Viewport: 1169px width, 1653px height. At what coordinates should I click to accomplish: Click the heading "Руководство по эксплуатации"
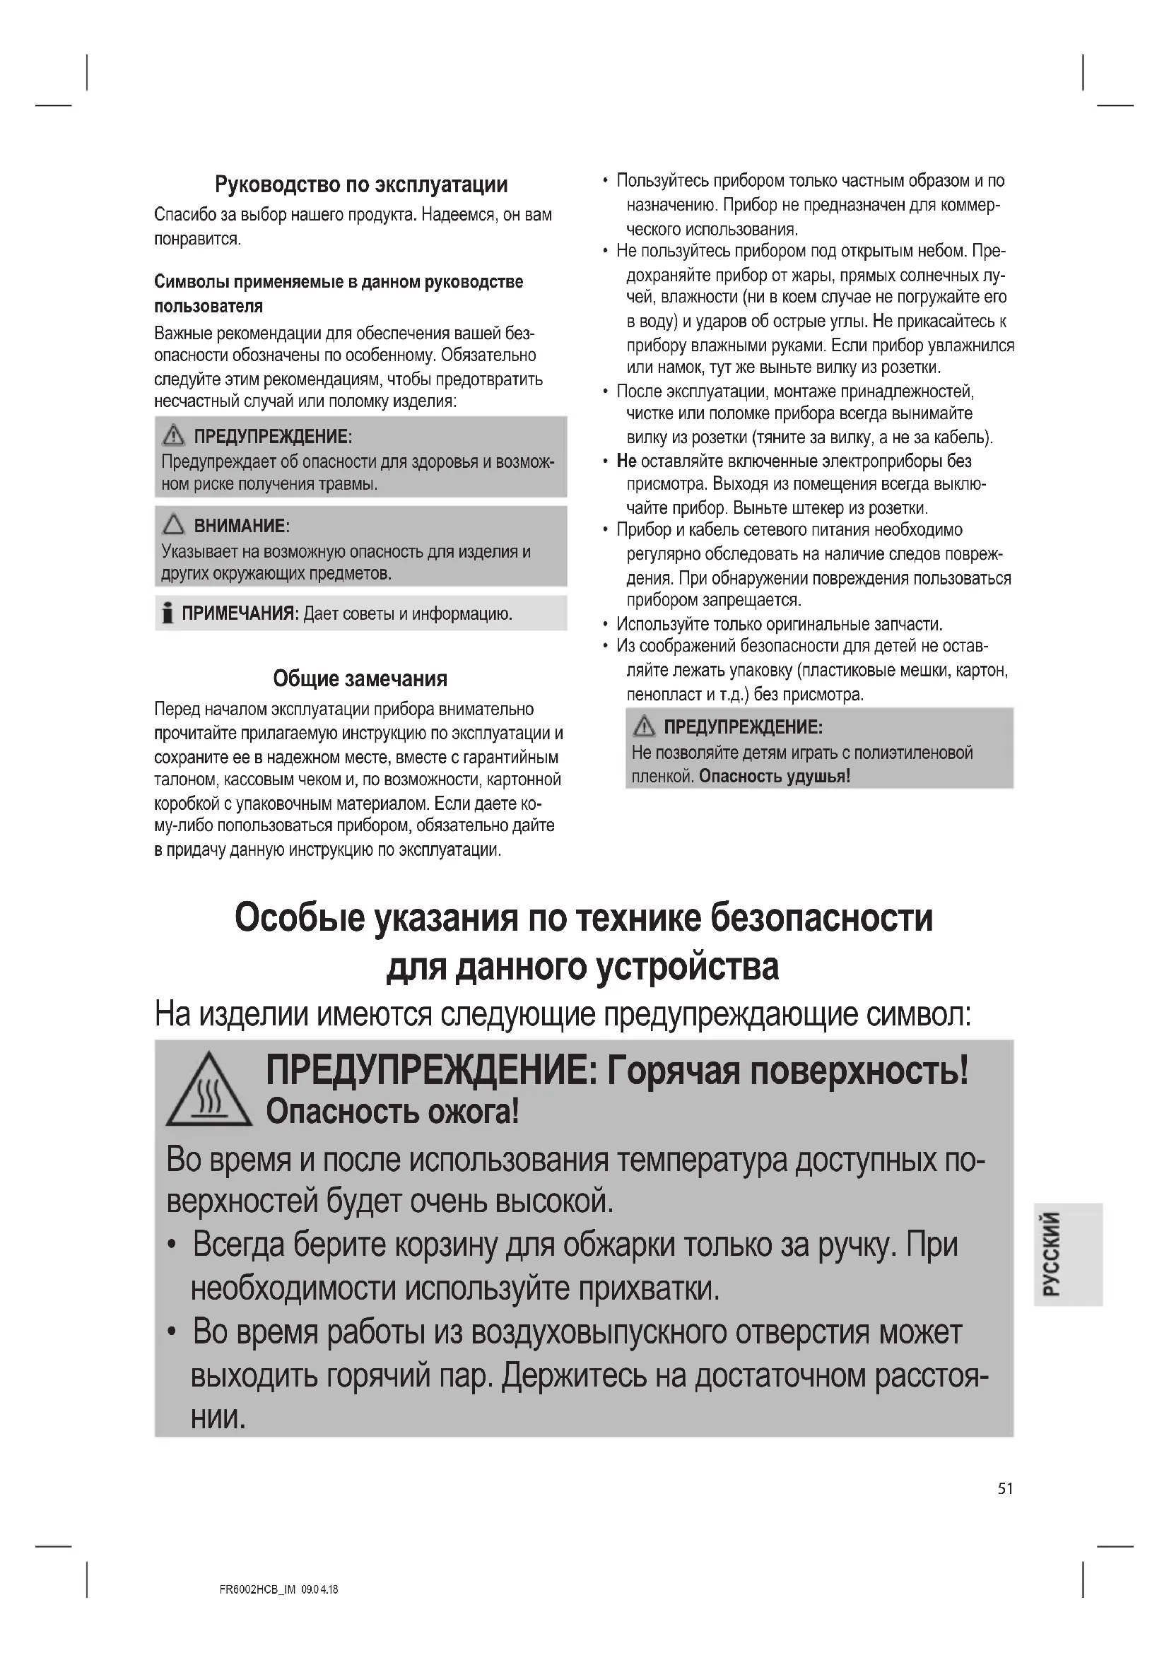click(360, 185)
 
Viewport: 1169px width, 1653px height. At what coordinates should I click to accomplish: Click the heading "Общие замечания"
click(360, 678)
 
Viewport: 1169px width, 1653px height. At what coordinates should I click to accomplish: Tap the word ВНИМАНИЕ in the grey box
click(240, 526)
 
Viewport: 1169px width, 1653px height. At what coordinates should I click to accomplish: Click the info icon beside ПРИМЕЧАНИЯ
click(168, 613)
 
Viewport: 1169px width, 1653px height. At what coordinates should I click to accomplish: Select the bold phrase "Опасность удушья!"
click(775, 776)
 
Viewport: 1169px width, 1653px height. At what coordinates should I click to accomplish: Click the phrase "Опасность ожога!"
click(392, 1112)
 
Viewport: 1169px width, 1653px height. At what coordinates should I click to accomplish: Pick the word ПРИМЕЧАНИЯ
click(239, 613)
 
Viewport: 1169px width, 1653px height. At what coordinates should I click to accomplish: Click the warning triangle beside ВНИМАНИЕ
click(173, 525)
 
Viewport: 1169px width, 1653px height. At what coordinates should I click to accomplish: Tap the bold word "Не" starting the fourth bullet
click(626, 461)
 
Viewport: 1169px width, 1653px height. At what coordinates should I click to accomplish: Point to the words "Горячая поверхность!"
click(787, 1071)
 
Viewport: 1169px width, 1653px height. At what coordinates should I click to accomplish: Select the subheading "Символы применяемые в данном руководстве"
click(339, 281)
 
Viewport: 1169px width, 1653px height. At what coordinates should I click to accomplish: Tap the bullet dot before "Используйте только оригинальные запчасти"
click(606, 624)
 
